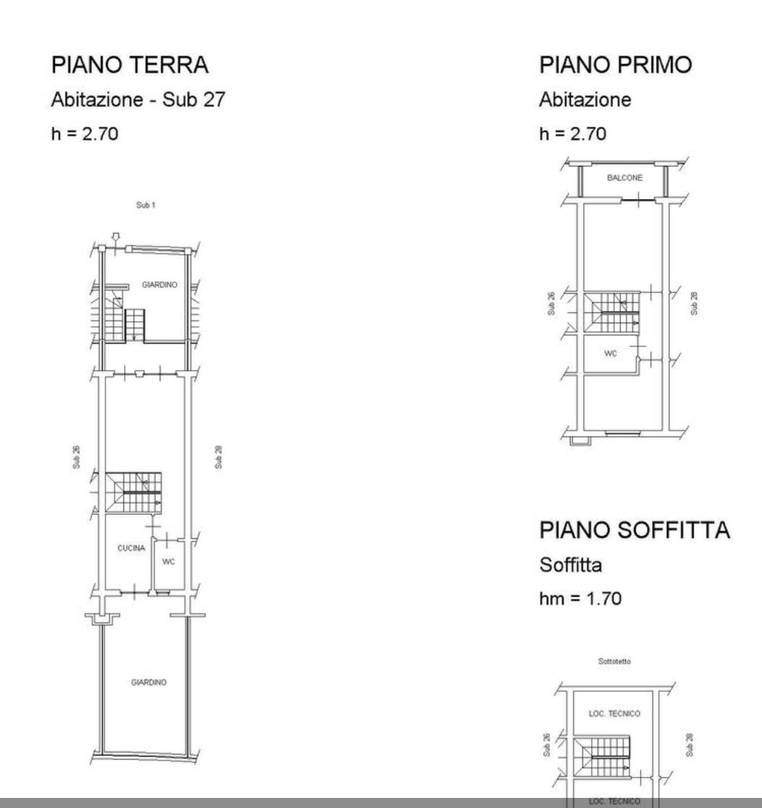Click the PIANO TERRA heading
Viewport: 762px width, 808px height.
[x=130, y=65]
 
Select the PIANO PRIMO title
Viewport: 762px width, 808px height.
[x=616, y=65]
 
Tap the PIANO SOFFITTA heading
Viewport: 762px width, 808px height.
[x=635, y=530]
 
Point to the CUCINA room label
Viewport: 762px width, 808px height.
[x=131, y=548]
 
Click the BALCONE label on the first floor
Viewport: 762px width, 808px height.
[x=624, y=177]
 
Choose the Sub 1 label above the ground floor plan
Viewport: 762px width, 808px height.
[x=145, y=205]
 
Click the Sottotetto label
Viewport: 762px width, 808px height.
[x=614, y=661]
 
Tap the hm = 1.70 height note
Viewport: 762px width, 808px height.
[x=580, y=599]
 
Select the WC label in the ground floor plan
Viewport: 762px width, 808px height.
[x=169, y=561]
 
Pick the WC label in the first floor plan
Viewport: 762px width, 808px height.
[x=610, y=353]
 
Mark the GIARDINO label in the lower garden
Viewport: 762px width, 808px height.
[x=149, y=682]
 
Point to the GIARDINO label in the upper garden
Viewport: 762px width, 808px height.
[x=159, y=284]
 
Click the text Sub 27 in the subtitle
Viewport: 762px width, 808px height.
[x=194, y=100]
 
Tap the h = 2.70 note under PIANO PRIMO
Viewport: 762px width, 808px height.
[x=573, y=134]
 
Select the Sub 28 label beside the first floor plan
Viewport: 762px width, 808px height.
[x=694, y=304]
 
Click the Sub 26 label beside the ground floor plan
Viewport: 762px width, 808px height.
[x=76, y=457]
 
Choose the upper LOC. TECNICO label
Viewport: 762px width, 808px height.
[x=615, y=713]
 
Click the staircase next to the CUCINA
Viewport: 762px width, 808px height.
[x=133, y=493]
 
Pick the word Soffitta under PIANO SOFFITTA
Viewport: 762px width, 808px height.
[x=571, y=566]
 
